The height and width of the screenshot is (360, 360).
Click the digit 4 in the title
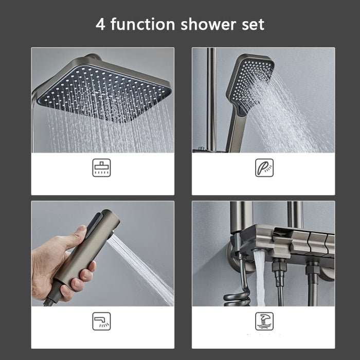pos(100,24)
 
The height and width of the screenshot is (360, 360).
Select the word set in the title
pos(253,25)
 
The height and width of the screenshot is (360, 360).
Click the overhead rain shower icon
pos(101,168)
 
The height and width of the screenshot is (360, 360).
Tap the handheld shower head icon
pos(264,168)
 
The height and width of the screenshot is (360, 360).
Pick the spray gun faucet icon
pos(101,321)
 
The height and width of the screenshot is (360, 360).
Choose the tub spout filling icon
pos(264,321)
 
